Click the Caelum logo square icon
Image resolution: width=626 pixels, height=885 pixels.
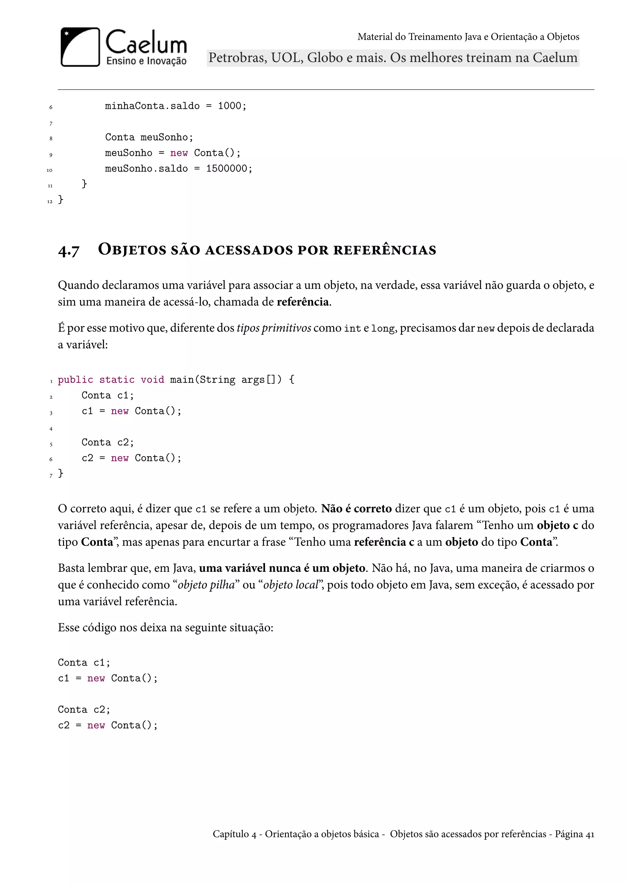click(x=80, y=47)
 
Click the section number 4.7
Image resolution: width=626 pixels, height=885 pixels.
click(x=68, y=251)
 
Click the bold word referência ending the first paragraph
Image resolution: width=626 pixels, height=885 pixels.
click(x=303, y=302)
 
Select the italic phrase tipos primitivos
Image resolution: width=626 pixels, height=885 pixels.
click(x=274, y=328)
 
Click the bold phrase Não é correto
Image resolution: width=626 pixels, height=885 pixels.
click(x=356, y=509)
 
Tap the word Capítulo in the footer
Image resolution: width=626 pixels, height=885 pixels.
click(x=230, y=835)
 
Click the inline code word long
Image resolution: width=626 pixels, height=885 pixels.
click(x=383, y=329)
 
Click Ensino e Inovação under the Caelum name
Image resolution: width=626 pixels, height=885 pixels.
click(x=146, y=61)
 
